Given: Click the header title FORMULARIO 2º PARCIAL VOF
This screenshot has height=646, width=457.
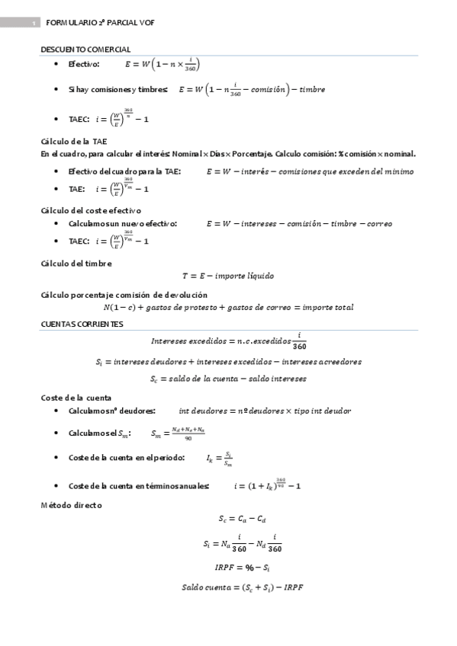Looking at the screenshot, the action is point(99,23).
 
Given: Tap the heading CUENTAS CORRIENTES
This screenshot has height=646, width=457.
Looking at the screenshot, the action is point(81,324).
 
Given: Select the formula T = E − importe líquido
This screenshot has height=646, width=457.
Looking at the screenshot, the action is point(227,277).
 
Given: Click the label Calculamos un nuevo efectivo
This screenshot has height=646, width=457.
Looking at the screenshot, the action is point(123,224).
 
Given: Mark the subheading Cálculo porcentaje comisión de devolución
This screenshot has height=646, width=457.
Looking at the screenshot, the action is point(124,294).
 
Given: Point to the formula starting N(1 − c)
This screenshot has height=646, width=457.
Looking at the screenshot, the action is point(228,308).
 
